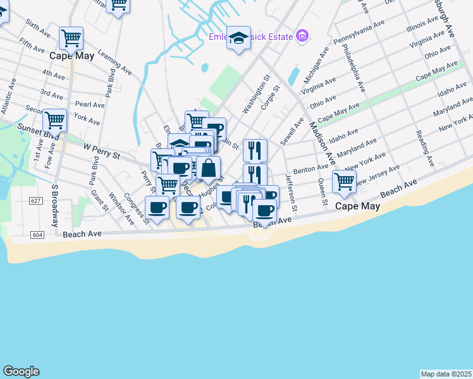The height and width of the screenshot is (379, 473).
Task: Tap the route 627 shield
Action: pyautogui.click(x=35, y=200)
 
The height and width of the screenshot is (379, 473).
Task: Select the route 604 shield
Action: pyautogui.click(x=37, y=235)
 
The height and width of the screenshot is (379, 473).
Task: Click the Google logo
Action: pyautogui.click(x=21, y=371)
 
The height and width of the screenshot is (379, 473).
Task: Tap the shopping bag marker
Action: pyautogui.click(x=209, y=169)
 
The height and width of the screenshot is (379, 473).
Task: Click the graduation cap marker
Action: pyautogui.click(x=239, y=39)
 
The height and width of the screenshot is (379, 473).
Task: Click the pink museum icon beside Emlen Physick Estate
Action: pyautogui.click(x=302, y=36)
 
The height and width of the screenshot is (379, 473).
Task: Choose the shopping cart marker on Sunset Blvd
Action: pyautogui.click(x=55, y=120)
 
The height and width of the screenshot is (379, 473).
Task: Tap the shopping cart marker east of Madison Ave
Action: pyautogui.click(x=345, y=182)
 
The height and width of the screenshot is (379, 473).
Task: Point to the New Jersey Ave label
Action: pyautogui.click(x=378, y=176)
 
